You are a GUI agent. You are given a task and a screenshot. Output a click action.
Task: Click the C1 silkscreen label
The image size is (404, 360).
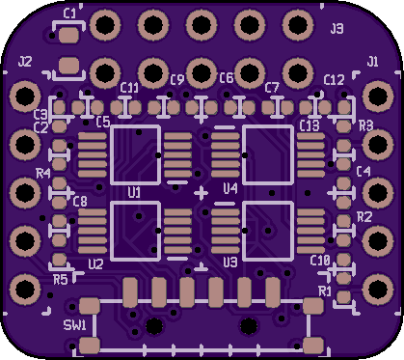[69, 14]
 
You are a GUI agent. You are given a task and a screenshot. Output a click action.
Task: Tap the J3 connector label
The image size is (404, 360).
[337, 29]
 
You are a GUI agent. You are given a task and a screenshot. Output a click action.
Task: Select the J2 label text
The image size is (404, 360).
[25, 61]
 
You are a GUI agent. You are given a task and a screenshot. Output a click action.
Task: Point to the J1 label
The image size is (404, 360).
[372, 61]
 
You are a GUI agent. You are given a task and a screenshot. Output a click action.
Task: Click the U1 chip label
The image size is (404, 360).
[134, 192]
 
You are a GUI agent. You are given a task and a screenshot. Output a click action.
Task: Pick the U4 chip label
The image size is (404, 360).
[230, 188]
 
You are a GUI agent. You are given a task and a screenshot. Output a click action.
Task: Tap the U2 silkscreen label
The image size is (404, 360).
[95, 264]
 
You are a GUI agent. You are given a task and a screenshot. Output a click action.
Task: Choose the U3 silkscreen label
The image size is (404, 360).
[230, 263]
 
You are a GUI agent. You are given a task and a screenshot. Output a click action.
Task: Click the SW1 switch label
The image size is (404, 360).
[75, 325]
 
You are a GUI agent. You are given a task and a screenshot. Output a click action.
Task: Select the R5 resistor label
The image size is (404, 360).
[61, 280]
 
